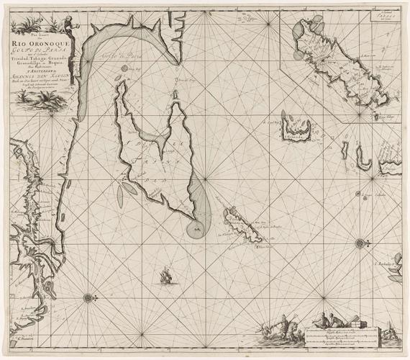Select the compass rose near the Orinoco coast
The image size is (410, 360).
[88, 296]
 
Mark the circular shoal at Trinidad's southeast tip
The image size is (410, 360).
[194, 229]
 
